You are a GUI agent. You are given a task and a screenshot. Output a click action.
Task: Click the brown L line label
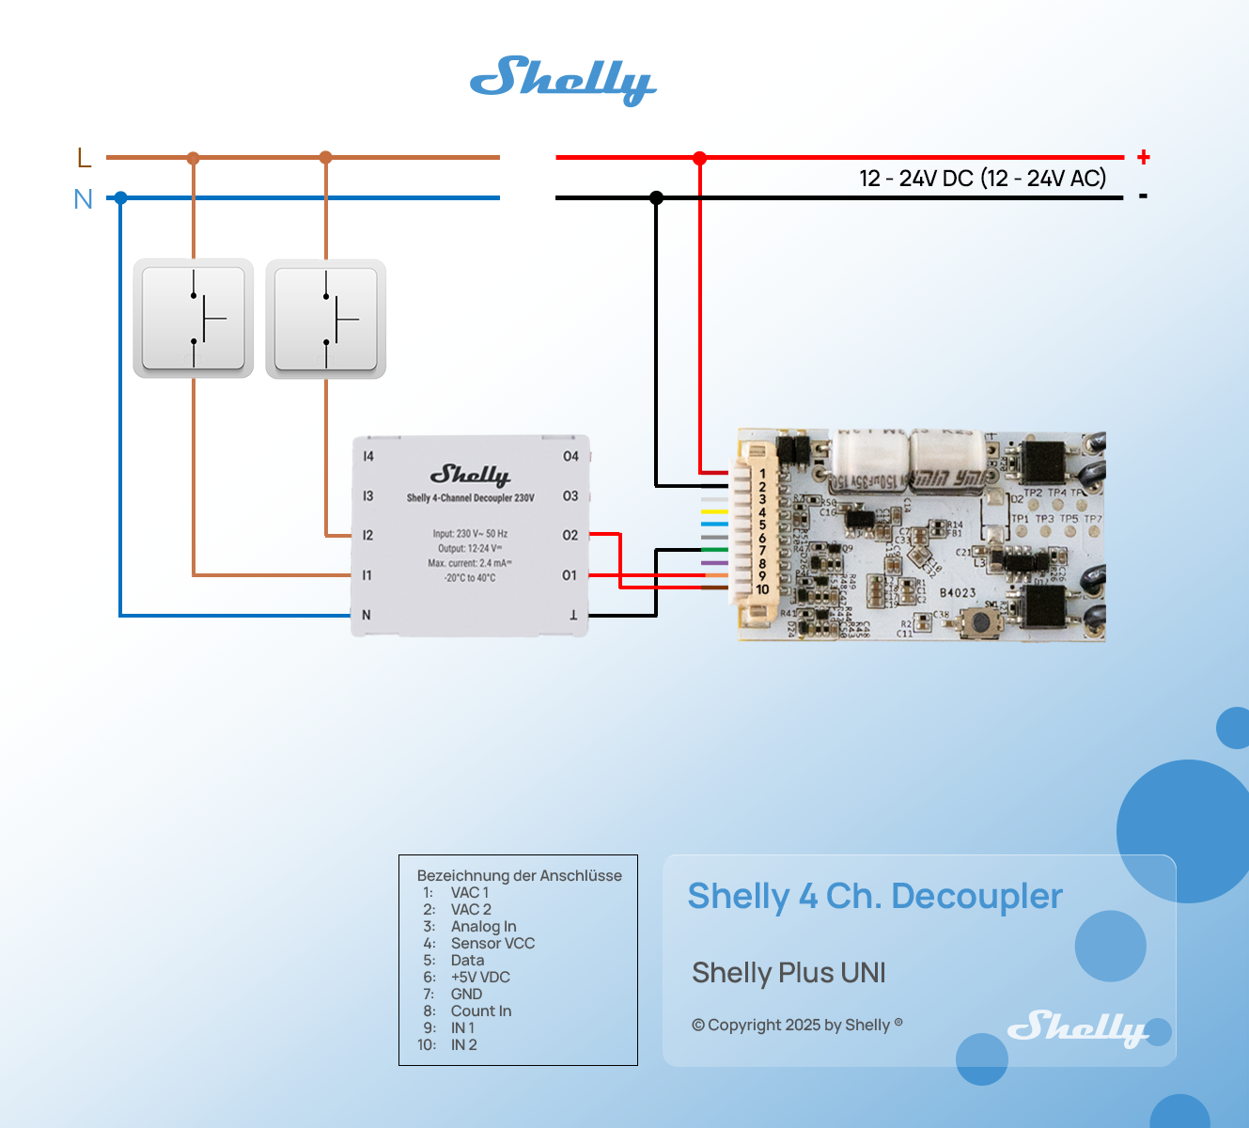85,158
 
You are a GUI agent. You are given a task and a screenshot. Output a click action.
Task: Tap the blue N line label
84,199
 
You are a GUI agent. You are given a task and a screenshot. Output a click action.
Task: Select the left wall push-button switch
194,319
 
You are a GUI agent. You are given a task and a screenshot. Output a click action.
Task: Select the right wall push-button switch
326,319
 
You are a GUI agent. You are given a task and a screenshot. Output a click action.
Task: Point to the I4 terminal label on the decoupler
368,456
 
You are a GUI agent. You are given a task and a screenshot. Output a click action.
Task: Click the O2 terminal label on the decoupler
570,535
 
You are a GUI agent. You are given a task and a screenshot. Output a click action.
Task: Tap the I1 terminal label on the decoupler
367,574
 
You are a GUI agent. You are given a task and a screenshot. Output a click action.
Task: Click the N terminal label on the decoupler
367,615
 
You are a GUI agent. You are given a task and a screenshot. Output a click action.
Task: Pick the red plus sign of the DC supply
1144,157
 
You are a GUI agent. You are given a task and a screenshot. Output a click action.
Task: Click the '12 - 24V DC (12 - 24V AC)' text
982,178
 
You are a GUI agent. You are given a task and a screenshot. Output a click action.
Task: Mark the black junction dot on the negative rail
656,197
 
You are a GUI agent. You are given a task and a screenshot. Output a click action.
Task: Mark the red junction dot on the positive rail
699,158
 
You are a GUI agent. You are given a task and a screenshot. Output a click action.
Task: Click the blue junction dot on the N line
120,197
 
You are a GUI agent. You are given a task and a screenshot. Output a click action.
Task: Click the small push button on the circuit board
981,621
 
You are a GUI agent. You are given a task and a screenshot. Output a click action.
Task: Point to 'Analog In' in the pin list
483,926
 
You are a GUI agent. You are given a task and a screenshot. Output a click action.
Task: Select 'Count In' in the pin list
481,1010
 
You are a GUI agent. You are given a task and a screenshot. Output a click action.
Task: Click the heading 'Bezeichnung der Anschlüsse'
519,875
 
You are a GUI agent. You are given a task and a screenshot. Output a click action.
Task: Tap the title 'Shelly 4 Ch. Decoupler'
875,896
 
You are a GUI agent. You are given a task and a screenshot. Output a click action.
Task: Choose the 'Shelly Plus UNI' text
788,972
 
